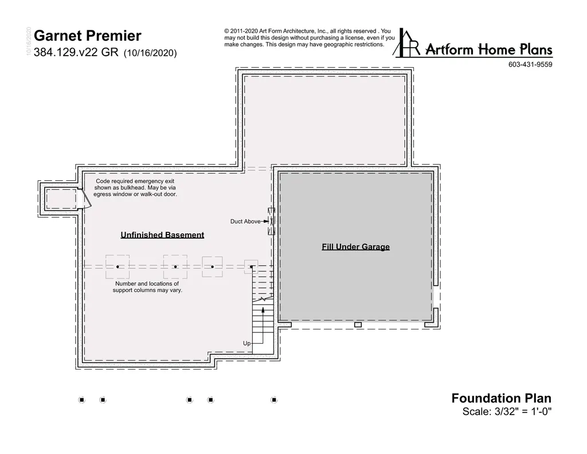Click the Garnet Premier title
pos(88,36)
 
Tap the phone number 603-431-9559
pos(530,64)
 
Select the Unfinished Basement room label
pos(162,235)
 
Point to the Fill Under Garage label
pos(355,247)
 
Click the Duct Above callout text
pos(245,222)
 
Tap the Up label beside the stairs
pos(246,343)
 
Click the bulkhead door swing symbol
pos(86,198)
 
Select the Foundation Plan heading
pos(501,398)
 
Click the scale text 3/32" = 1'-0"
pos(523,412)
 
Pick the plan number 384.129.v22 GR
pos(76,52)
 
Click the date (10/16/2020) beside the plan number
pos(150,53)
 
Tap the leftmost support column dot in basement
pos(118,267)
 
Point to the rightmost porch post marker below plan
pos(274,400)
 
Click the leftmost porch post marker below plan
pos(81,400)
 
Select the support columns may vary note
pos(147,287)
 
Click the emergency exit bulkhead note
pos(135,188)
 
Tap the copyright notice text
pos(309,38)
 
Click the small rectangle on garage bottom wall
pos(358,325)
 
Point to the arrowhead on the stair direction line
pos(263,310)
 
